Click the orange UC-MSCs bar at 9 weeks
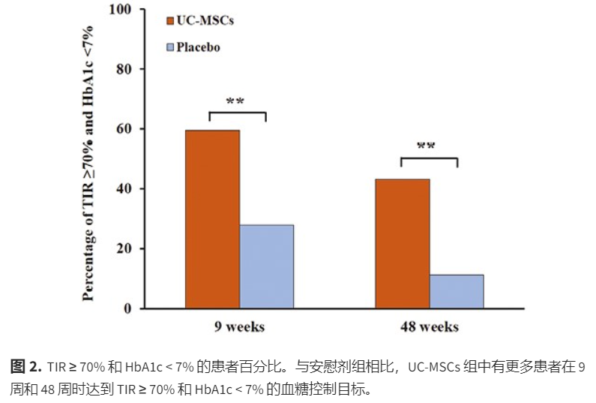(x=212, y=219)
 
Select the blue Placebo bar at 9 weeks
(x=266, y=266)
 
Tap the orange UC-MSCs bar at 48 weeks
(x=403, y=244)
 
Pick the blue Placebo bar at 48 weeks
(x=457, y=291)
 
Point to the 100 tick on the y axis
(x=120, y=10)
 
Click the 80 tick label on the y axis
(x=124, y=69)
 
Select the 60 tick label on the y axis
(x=124, y=128)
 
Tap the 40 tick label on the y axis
(x=124, y=188)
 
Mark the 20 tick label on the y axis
(x=124, y=248)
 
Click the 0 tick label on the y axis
(x=127, y=308)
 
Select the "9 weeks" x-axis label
(x=238, y=327)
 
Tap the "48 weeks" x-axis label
(x=429, y=327)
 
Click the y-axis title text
(x=88, y=161)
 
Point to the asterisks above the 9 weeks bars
(x=236, y=101)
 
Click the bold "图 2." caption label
(x=25, y=367)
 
